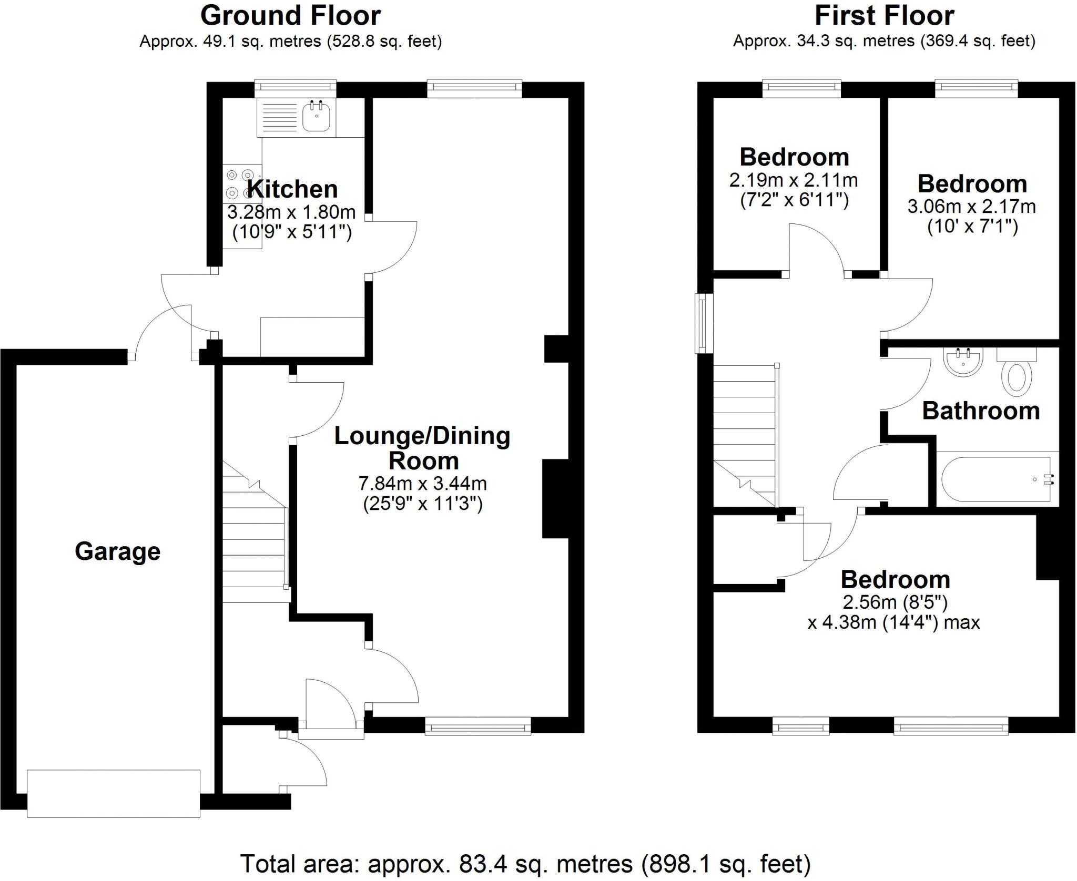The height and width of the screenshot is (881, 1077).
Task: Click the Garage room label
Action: pos(117,551)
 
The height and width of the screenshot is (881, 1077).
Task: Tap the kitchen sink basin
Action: pos(316,117)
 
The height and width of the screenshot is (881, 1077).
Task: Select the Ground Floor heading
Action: pos(290,16)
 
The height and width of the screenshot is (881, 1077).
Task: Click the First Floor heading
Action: pos(884,16)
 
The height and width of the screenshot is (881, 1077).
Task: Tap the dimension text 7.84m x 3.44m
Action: pos(422,482)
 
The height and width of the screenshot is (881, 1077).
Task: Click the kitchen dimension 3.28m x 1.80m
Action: pos(291,212)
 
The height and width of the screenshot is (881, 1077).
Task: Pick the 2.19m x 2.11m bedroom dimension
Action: pos(794,180)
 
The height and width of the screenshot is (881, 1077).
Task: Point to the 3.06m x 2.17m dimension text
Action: pos(972,206)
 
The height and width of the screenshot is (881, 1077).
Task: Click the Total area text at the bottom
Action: pos(525,864)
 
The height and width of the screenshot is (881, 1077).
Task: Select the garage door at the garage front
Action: pos(114,793)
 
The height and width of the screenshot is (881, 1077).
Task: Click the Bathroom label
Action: pos(981,411)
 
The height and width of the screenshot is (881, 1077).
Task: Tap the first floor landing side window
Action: pos(702,323)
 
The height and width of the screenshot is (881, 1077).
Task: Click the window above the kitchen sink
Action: pos(295,89)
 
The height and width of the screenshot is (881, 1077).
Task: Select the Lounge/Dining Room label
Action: pos(422,448)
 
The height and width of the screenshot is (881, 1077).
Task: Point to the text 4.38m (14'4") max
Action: pos(893,623)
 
